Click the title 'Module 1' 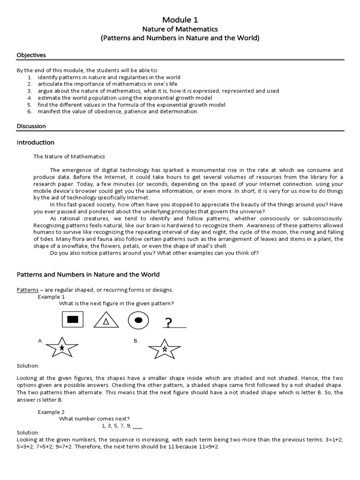(180, 20)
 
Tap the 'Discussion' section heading (31, 126)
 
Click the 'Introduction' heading (36, 142)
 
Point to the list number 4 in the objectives (29, 97)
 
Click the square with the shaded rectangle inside (72, 320)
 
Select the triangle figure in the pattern (106, 320)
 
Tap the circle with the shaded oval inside (138, 320)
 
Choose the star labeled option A (62, 347)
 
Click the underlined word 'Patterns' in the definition (27, 290)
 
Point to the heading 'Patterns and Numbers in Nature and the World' (88, 275)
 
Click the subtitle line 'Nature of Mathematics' (180, 29)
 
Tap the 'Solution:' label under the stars (28, 366)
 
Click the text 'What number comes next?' (94, 419)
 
